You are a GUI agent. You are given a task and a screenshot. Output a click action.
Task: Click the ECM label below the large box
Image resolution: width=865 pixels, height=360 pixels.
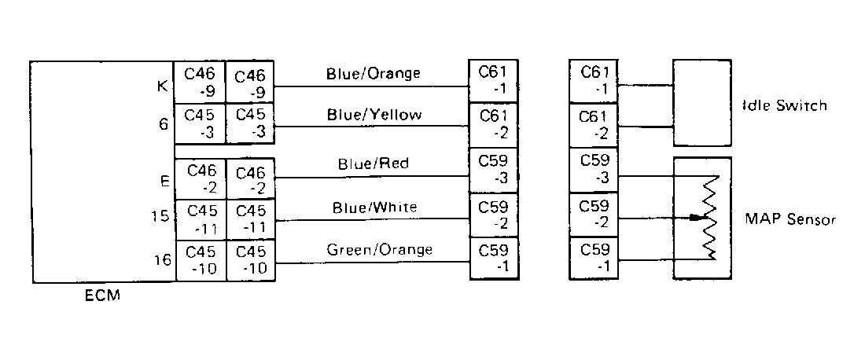[102, 296]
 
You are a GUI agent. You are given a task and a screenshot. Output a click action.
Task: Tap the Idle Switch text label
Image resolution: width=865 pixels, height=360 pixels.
[785, 105]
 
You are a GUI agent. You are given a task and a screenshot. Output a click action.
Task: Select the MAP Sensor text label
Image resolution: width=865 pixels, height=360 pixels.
[790, 219]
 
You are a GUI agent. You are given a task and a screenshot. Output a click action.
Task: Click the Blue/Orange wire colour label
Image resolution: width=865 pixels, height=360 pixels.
[373, 73]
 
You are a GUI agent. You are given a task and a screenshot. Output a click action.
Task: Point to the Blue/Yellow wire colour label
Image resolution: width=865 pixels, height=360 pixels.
[374, 115]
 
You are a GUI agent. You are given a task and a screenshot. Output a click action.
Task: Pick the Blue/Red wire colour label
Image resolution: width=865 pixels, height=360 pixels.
[374, 163]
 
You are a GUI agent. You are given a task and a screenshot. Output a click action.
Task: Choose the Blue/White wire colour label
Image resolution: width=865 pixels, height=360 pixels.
[374, 208]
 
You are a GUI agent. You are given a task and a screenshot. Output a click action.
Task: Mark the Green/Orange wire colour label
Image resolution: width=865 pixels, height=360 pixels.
[380, 250]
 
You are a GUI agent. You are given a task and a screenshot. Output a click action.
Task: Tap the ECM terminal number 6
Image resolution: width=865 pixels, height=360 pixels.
[164, 125]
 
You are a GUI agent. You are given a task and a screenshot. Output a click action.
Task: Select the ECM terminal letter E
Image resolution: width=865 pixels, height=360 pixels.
[164, 180]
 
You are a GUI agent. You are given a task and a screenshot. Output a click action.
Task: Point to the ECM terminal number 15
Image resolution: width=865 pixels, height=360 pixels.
[160, 216]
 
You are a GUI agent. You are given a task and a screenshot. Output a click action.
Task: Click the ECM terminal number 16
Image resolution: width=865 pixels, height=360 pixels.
[162, 259]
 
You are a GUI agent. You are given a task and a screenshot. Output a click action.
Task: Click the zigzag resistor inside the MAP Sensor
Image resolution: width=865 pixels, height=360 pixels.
[711, 217]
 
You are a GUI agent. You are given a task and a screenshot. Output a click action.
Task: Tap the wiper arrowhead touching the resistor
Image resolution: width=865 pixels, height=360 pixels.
[696, 218]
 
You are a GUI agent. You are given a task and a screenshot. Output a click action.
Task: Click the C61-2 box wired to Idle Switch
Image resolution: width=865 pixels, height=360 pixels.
[594, 125]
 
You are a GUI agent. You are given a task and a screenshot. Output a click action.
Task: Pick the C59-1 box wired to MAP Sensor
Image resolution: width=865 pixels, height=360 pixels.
[594, 258]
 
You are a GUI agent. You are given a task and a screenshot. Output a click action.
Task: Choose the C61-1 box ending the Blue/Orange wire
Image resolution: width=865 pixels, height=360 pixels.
[494, 80]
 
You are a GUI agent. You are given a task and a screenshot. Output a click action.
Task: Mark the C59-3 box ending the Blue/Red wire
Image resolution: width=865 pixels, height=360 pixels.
[494, 171]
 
